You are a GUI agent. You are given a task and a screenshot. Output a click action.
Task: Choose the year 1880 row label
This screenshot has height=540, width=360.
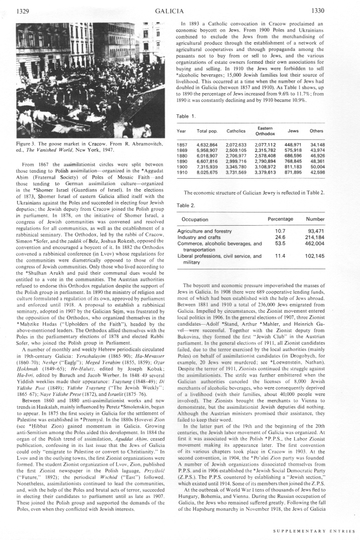(182, 155)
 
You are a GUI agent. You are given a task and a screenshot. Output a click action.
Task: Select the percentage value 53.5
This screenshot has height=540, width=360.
(280, 243)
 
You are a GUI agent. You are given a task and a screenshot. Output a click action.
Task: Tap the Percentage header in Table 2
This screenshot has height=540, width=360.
(280, 219)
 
